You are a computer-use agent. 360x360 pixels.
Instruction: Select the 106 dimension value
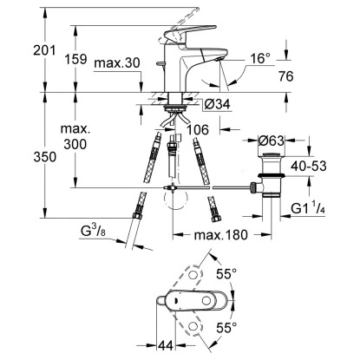(200, 131)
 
